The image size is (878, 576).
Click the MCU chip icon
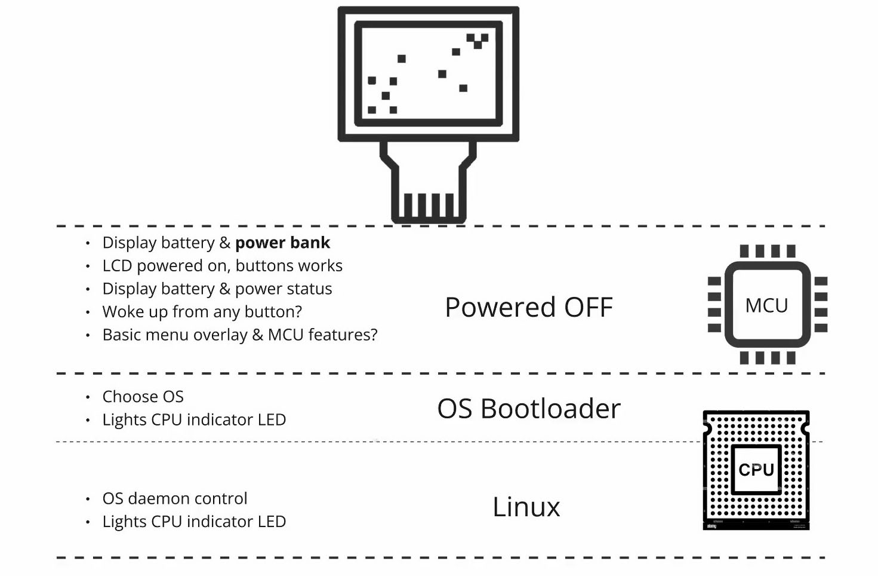(x=767, y=305)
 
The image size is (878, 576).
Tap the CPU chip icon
(x=756, y=470)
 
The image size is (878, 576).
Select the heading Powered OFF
(x=529, y=307)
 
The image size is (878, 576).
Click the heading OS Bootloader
(x=529, y=409)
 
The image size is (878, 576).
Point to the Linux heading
(x=526, y=507)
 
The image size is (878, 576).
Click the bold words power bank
(x=282, y=243)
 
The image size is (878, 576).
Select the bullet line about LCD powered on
(x=222, y=265)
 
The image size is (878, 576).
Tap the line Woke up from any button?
(x=202, y=311)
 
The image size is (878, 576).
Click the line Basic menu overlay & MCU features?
(x=239, y=335)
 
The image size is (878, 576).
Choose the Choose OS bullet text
(x=143, y=397)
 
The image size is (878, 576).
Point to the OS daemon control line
(x=174, y=498)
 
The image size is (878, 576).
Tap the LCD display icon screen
(x=428, y=73)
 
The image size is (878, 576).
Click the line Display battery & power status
(x=217, y=289)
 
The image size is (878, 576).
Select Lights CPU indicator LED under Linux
(x=194, y=522)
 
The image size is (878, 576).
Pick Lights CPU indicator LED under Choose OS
(x=194, y=419)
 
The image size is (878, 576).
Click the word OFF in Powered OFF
(x=589, y=307)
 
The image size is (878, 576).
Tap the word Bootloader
(x=550, y=409)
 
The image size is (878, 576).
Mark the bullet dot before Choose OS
(x=88, y=397)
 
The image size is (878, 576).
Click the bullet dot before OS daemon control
(x=88, y=498)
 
